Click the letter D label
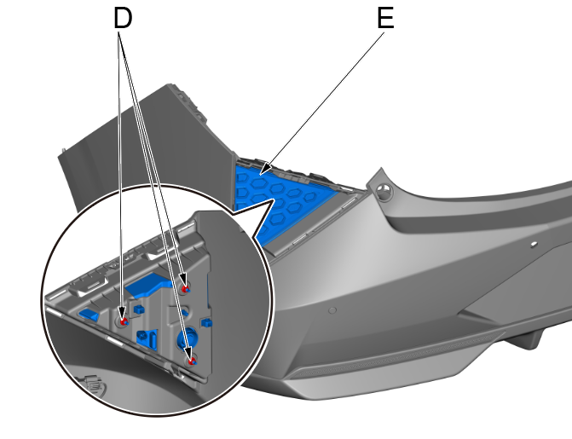[123, 19]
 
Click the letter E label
[385, 19]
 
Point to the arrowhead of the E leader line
[264, 173]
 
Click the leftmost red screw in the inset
[124, 322]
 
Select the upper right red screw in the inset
[185, 291]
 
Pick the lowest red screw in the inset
[193, 360]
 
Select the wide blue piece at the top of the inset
[147, 284]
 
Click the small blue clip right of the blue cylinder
[207, 325]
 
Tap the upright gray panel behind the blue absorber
[145, 145]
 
